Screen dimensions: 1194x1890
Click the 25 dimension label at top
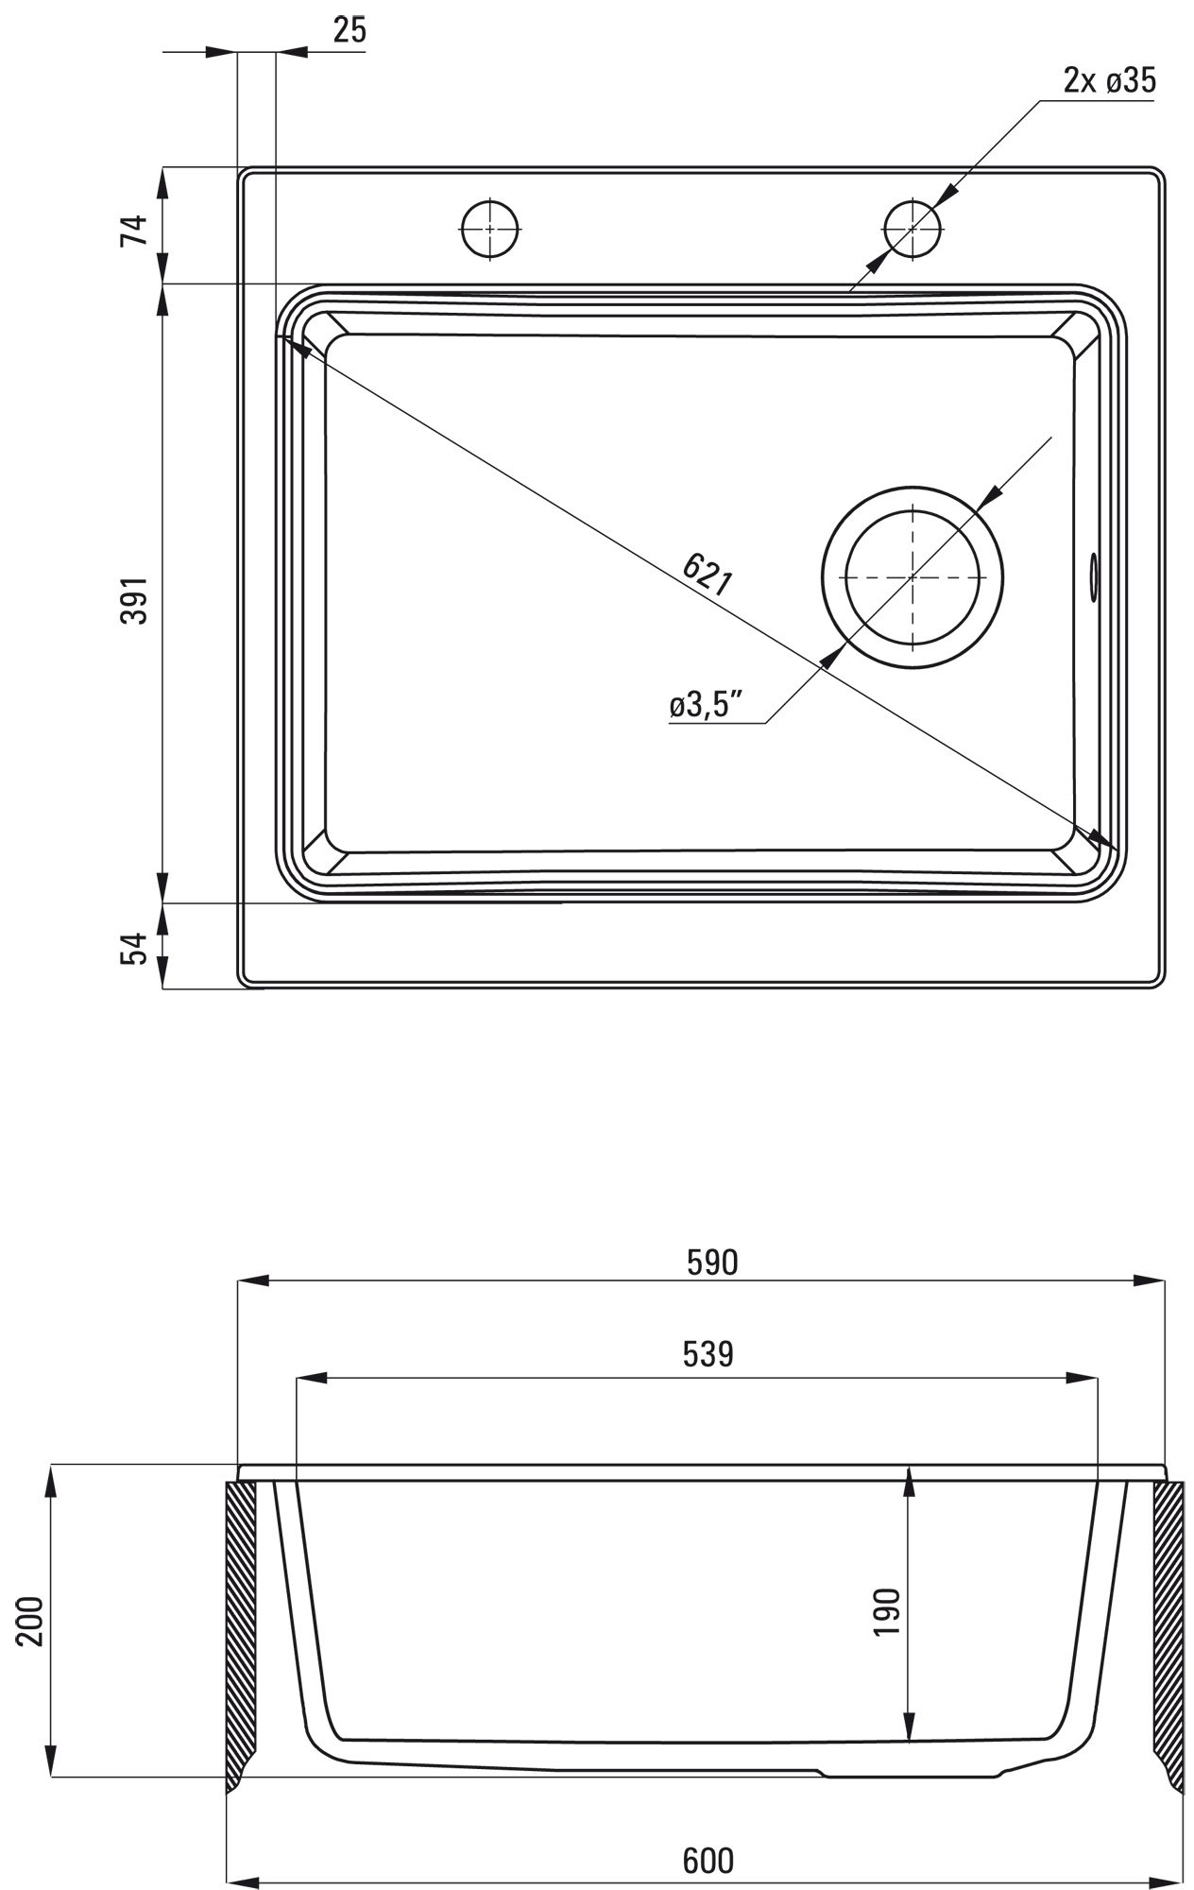click(349, 30)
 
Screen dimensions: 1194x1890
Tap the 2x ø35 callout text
click(1109, 81)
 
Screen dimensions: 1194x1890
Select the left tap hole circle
click(491, 229)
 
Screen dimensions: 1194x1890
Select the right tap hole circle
click(913, 228)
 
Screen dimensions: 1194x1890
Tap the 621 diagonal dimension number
click(707, 574)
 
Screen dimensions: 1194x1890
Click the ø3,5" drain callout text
click(705, 706)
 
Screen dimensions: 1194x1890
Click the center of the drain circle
click(913, 576)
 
